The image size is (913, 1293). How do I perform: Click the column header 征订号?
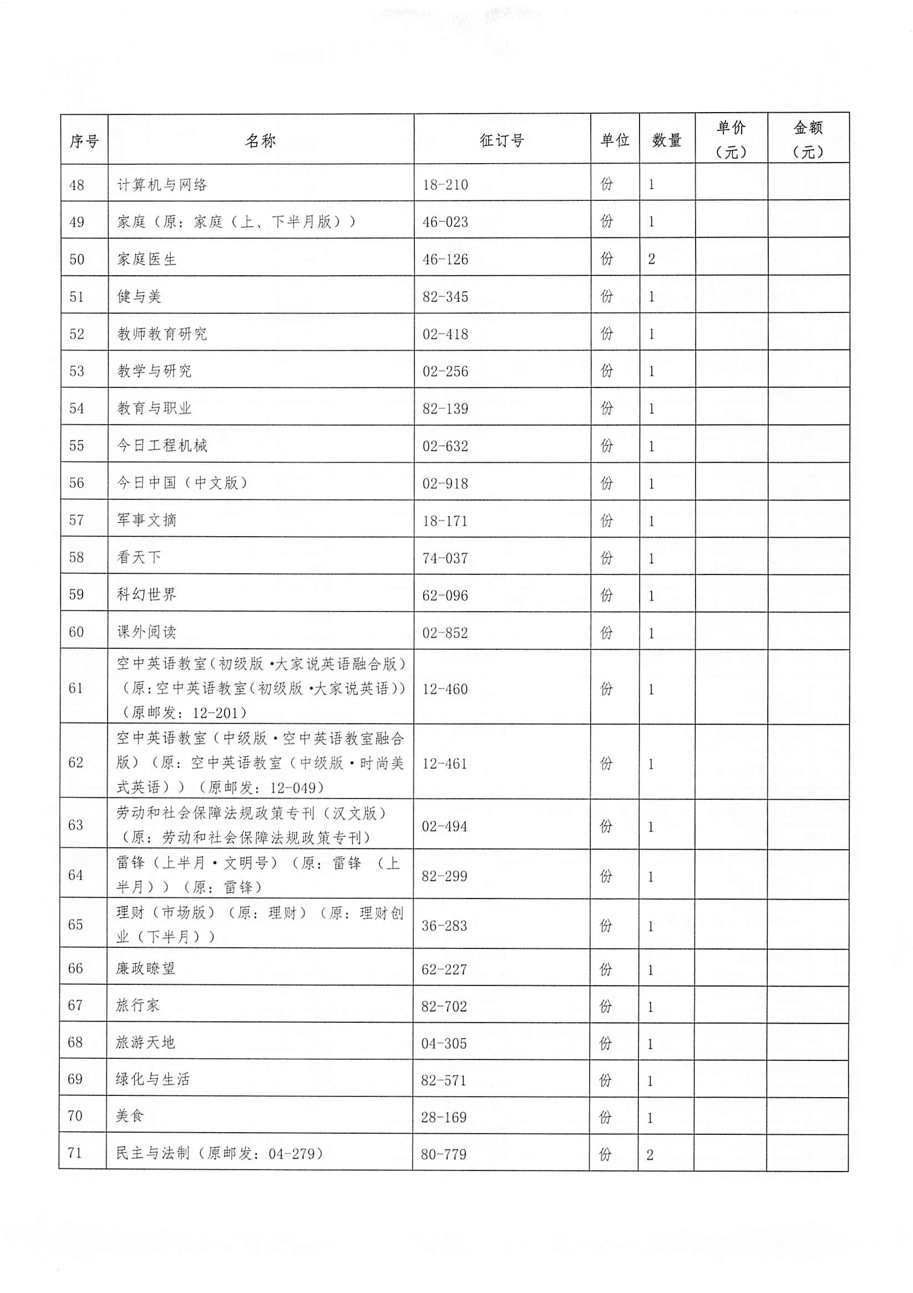[501, 140]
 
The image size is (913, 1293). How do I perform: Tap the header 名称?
[260, 140]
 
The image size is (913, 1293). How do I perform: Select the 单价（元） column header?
[731, 140]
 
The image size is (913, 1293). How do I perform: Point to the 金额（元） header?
[808, 140]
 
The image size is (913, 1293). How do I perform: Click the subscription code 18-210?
[445, 185]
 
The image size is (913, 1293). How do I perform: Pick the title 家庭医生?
[147, 259]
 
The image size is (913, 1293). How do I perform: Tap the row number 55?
[77, 446]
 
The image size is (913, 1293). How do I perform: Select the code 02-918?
[445, 483]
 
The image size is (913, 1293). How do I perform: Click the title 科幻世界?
[147, 595]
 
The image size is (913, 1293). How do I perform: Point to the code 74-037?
[445, 558]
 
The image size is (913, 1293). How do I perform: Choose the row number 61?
[76, 688]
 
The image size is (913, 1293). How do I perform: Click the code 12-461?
[445, 764]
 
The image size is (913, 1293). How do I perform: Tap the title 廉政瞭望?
[146, 968]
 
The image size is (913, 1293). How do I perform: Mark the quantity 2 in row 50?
[651, 259]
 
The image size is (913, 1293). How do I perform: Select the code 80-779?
[444, 1154]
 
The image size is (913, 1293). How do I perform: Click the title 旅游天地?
[145, 1042]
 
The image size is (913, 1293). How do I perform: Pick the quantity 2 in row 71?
[650, 1154]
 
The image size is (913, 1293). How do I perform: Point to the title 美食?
[130, 1116]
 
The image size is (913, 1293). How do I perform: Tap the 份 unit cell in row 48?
[606, 184]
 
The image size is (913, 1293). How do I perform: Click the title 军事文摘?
[147, 520]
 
